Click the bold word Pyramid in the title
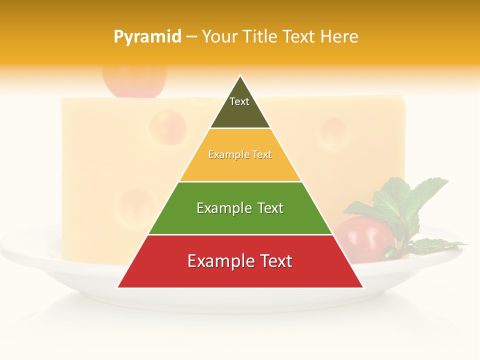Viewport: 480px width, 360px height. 147,36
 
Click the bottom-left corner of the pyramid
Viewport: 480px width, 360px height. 118,287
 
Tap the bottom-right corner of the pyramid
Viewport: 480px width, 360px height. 363,287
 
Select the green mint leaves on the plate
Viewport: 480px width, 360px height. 405,202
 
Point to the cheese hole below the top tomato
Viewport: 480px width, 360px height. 168,127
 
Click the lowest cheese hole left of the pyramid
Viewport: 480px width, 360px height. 131,207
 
